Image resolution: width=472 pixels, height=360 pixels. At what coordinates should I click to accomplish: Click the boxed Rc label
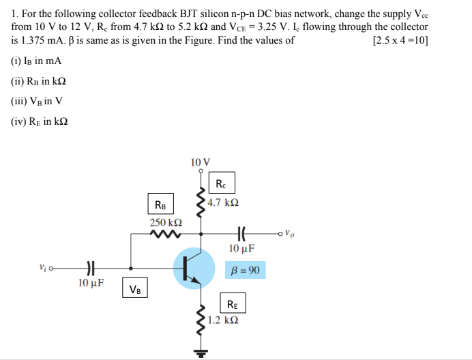[221, 184]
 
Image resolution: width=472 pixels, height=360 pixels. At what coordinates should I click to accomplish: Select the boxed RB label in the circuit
[160, 205]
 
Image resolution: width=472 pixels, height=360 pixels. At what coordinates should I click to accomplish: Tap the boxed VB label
[135, 289]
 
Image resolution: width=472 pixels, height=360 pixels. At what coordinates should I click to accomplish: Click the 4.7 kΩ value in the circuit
[223, 203]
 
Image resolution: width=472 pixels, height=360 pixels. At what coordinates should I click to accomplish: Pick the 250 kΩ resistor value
[166, 223]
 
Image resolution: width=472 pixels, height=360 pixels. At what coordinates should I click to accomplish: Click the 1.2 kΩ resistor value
[224, 320]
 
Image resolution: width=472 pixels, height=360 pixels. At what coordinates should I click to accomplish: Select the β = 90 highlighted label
[244, 270]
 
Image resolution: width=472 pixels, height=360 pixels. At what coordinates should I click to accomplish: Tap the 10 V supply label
[201, 162]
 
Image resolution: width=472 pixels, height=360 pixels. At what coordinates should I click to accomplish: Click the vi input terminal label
[44, 268]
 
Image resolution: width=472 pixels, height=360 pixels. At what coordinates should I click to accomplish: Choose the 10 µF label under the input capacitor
[91, 283]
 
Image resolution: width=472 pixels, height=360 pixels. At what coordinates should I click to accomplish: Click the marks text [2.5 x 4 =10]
[400, 40]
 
